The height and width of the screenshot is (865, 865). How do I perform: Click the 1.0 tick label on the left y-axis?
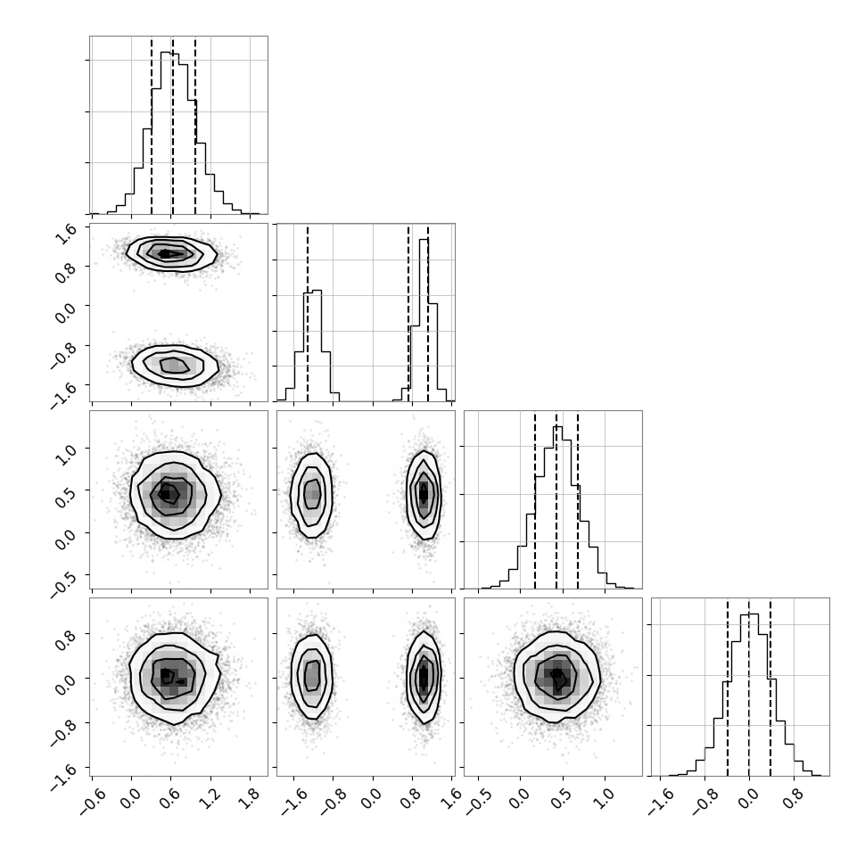pos(66,454)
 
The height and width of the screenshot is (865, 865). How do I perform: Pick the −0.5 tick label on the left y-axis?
pos(63,582)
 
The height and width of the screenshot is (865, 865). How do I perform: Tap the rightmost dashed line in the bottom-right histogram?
pos(770,687)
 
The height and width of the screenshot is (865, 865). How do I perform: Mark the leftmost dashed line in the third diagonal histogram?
pos(534,500)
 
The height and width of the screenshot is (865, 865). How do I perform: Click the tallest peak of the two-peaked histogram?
pos(424,239)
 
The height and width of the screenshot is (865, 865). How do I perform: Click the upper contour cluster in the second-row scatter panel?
pos(171,254)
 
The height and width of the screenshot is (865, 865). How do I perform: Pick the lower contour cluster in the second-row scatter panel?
pos(176,366)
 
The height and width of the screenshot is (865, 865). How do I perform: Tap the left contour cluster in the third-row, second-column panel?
pos(312,495)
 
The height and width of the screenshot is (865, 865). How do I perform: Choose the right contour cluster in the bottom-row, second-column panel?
pos(424,677)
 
